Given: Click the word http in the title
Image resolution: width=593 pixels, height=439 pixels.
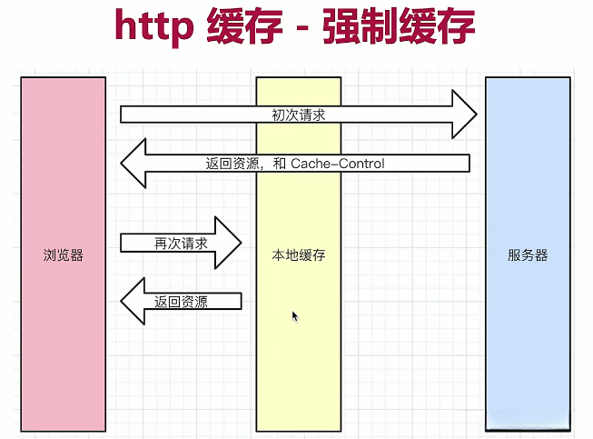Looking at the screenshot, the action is point(154,25).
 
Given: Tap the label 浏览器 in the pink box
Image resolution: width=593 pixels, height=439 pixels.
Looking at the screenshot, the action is point(64,255).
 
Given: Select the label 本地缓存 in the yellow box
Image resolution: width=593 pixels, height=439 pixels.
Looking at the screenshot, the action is point(299,255).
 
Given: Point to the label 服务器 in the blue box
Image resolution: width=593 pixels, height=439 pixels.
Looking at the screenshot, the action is point(528,255).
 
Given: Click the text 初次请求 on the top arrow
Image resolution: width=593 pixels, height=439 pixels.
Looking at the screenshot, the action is point(299,115).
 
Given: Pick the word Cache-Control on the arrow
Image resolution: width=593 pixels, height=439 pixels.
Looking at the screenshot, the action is point(338,164).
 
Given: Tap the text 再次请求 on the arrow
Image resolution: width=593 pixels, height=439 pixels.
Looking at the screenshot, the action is point(181,244).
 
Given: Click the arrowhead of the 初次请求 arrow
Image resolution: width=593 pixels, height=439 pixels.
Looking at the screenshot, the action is point(464,115).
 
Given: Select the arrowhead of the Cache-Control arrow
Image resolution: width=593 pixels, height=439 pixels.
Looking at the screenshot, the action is point(133,163).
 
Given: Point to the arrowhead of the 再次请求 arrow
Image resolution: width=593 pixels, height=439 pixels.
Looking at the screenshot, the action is point(228,243).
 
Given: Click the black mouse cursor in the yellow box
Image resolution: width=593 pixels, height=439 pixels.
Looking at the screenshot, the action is point(295,316).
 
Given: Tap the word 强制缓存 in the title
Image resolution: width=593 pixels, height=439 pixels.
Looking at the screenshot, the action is point(399,25).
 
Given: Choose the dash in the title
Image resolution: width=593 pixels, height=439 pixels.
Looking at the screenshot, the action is point(302,27).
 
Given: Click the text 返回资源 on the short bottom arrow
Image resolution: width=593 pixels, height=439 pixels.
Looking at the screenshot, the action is point(181,302).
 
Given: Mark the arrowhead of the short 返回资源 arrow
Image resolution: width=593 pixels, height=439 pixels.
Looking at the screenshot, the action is point(133,301).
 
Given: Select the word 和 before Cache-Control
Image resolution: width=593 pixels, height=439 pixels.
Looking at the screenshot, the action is point(280,164).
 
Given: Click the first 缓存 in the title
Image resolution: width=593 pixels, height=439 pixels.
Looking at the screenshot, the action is point(244,25).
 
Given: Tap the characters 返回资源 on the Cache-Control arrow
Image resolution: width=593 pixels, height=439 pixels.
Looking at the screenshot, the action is point(232,164).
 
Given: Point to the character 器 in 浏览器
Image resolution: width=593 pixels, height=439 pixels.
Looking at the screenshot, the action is point(77,255).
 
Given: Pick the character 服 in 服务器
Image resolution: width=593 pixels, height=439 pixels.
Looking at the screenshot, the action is point(514,255).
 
